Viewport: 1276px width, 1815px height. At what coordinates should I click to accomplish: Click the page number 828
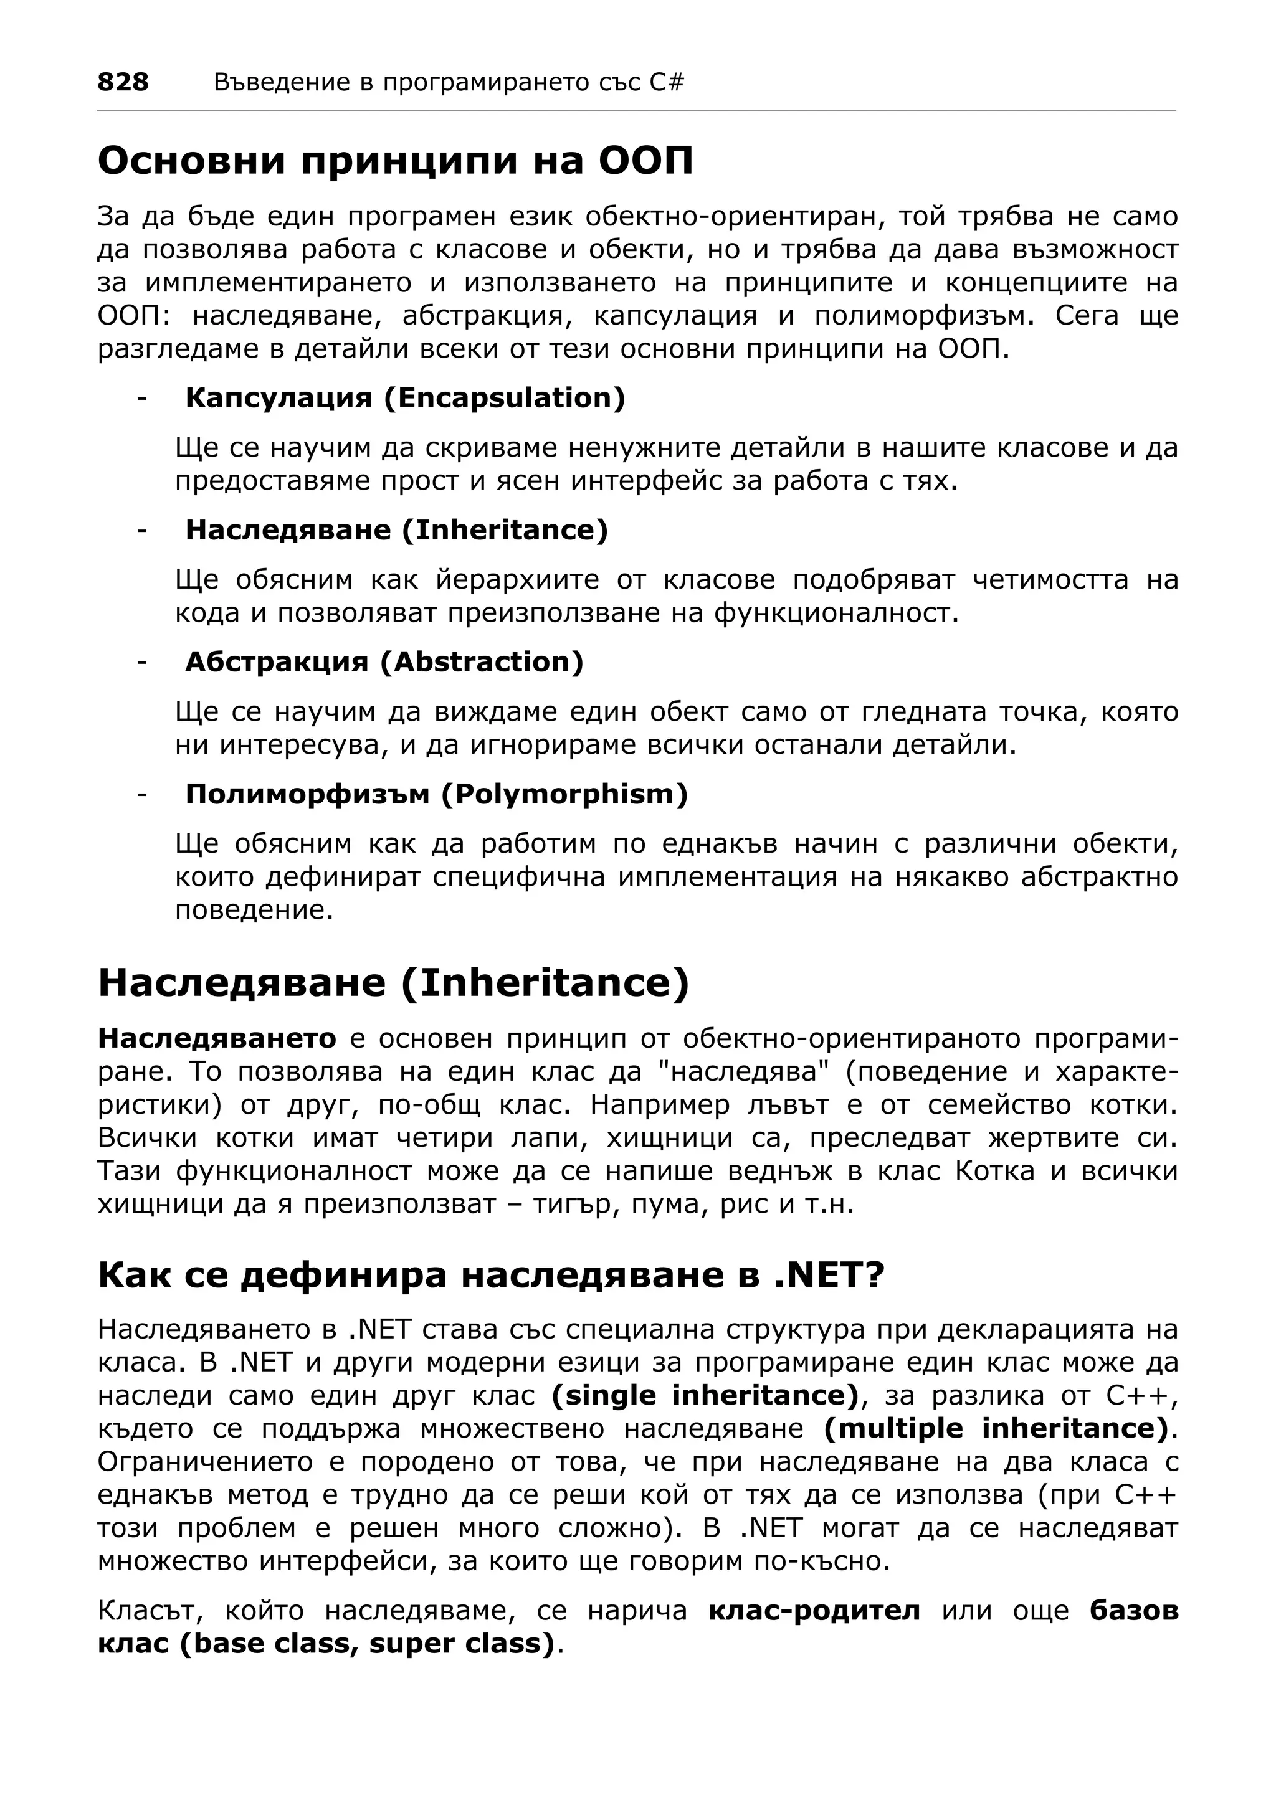point(123,82)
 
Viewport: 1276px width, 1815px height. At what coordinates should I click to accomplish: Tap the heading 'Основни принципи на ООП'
point(395,161)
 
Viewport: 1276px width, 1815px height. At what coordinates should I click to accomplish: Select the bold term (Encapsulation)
point(505,397)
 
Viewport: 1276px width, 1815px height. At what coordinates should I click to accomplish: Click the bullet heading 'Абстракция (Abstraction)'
point(384,661)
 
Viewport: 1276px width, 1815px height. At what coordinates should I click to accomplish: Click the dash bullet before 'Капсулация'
point(141,397)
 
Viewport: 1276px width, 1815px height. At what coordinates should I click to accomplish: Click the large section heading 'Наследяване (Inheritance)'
point(394,983)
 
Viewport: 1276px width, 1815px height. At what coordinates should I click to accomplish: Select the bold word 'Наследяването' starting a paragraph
point(217,1038)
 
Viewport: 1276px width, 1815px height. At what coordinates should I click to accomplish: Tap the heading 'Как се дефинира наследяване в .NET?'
point(490,1275)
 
